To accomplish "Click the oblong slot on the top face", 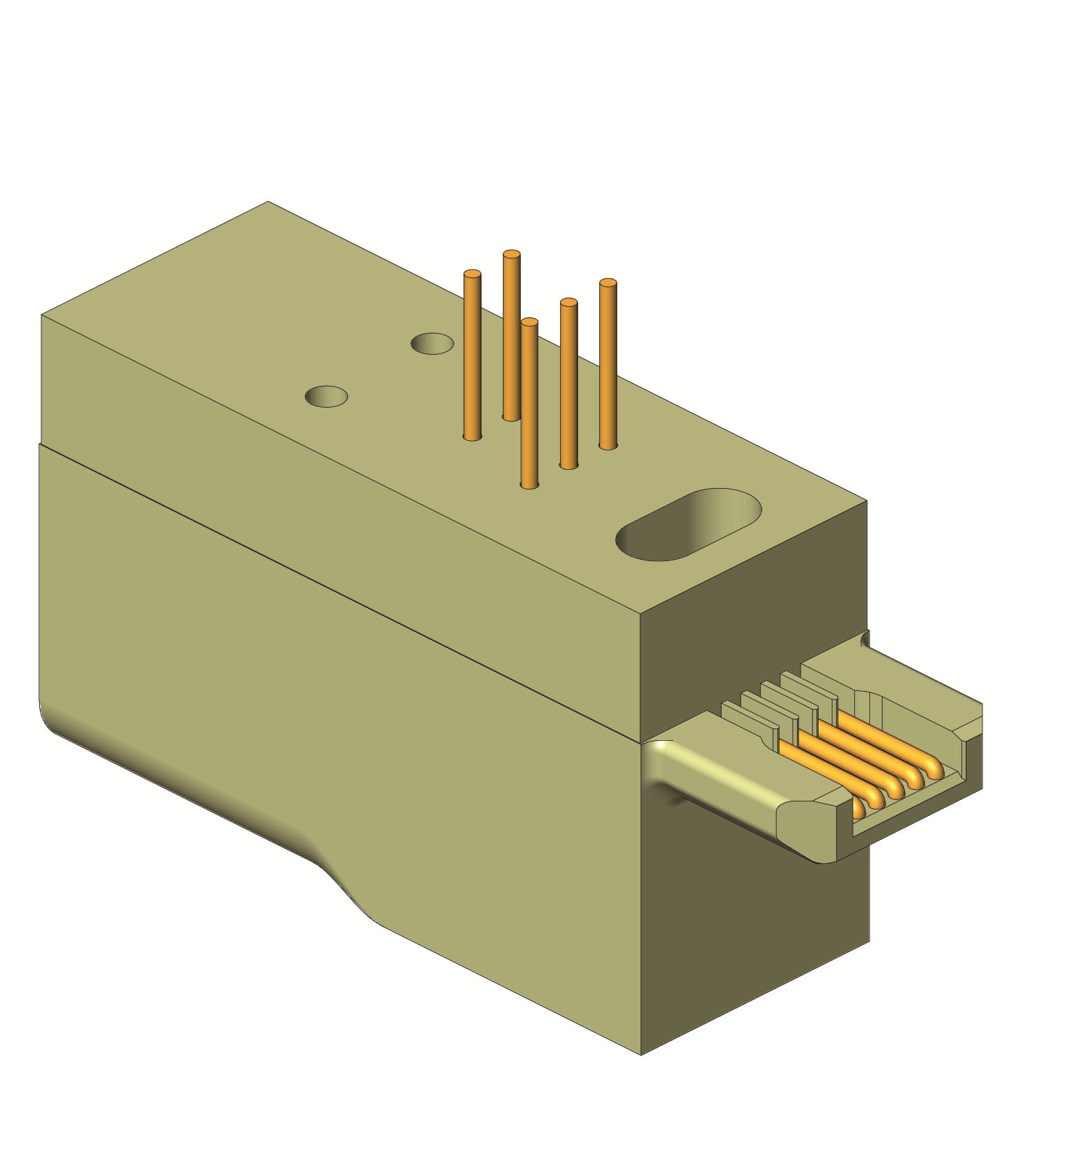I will click(688, 524).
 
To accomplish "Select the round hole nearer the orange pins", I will click(432, 343).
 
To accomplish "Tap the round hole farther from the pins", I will click(326, 396).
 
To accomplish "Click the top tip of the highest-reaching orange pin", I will click(511, 254).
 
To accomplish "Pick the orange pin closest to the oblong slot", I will click(608, 362).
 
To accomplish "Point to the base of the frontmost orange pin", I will click(530, 484).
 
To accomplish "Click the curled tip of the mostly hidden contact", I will click(858, 807).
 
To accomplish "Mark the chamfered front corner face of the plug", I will click(804, 825).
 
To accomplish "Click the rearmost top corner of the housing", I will click(269, 202).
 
